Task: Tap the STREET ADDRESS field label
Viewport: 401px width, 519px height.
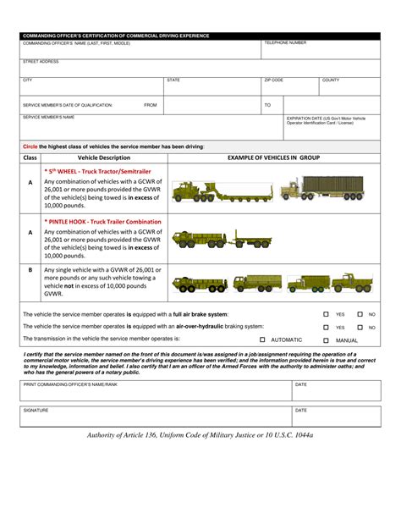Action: (x=41, y=61)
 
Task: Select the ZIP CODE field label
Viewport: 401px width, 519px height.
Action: (x=273, y=80)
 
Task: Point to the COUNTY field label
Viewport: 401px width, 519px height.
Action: (x=330, y=80)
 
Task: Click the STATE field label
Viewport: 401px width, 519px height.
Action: (x=173, y=80)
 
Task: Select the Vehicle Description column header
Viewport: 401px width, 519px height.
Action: (x=104, y=157)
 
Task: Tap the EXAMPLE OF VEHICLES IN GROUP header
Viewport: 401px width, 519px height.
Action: (x=274, y=157)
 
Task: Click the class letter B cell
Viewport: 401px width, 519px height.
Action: (x=30, y=270)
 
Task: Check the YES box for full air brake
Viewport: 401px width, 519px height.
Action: (x=326, y=314)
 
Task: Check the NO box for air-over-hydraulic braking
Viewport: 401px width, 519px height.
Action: (x=360, y=327)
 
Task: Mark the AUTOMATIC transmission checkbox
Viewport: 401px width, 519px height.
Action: (x=262, y=340)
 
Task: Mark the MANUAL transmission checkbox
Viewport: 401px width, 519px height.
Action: (x=326, y=340)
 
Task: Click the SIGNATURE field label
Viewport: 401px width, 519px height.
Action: (x=36, y=410)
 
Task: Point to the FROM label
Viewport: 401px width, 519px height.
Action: (x=151, y=105)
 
